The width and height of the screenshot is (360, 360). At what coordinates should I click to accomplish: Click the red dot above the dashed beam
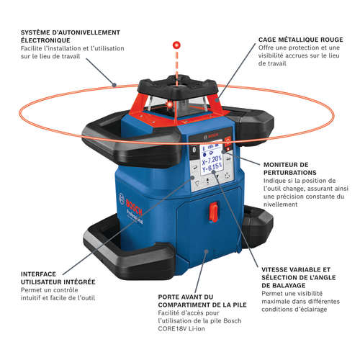pos(176,45)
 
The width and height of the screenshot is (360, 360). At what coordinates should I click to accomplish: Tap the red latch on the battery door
pos(213,212)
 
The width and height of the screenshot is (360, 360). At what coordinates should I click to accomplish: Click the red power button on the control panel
pos(228,140)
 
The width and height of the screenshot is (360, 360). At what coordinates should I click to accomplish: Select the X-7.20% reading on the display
pos(212,160)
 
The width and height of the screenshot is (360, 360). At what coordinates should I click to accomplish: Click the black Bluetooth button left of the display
pos(194,150)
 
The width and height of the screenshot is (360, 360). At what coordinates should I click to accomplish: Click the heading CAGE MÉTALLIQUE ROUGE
pos(301,40)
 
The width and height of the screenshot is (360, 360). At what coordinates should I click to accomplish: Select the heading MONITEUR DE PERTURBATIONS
pos(290,168)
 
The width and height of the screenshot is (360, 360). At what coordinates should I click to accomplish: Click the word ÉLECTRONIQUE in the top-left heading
pos(45,40)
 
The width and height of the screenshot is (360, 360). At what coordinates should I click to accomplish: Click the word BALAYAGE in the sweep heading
pos(290,285)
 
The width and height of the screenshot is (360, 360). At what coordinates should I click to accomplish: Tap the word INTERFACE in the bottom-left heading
pos(38,274)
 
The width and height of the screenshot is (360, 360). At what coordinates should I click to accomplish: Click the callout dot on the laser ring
pos(114,84)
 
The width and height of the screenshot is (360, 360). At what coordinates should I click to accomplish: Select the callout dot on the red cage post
pos(217,100)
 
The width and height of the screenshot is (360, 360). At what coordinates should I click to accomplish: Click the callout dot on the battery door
pos(206,251)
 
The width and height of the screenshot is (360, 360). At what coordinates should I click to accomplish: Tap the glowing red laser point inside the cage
pos(169,104)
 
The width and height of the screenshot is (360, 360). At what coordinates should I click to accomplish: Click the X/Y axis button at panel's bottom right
pos(228,176)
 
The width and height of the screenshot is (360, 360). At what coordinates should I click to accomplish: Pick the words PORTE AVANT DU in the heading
pos(186,297)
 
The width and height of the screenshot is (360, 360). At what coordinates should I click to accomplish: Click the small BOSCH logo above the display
pos(211,136)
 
